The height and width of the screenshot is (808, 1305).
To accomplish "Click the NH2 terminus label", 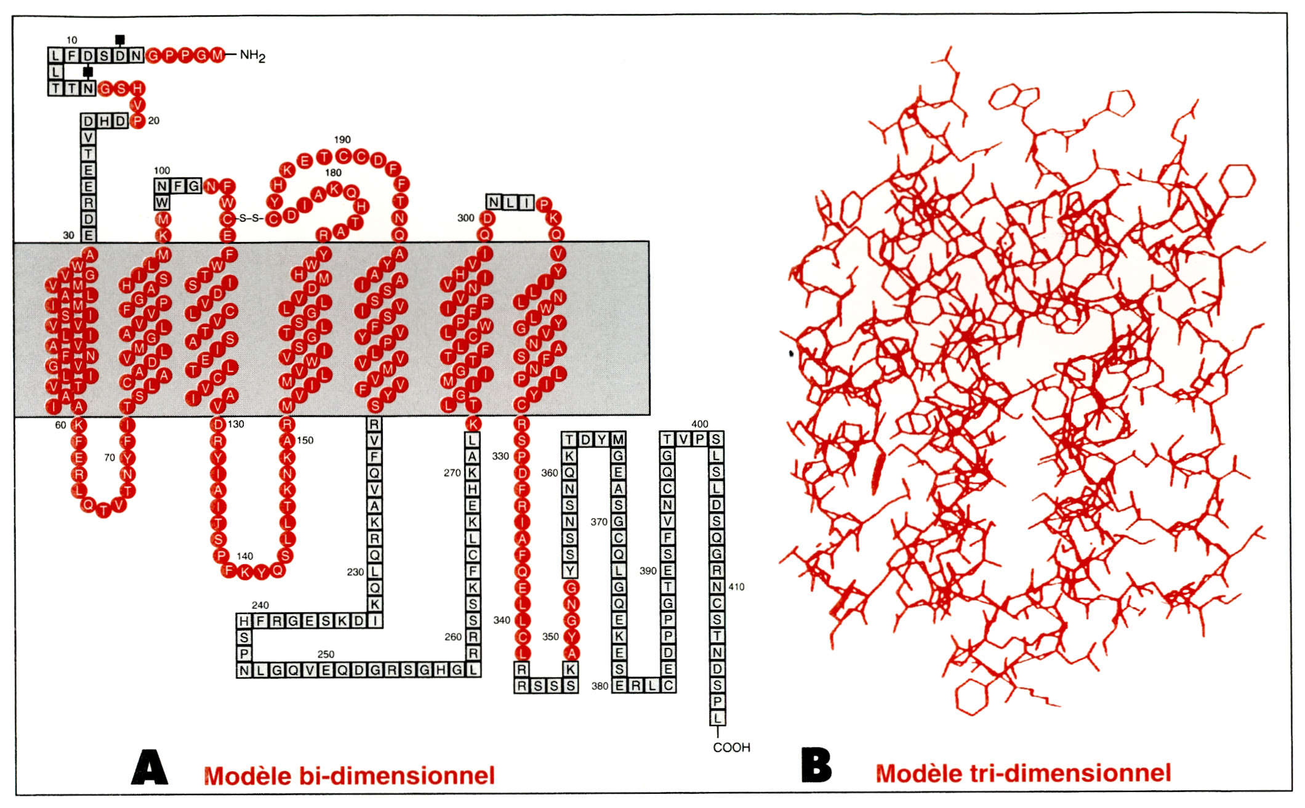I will (252, 56).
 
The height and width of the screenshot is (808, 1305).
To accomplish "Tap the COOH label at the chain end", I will (731, 748).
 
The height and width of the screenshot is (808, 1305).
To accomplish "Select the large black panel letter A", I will (150, 767).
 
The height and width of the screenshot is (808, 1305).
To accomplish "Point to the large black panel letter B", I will (816, 766).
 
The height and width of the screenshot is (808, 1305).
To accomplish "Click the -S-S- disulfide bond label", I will (250, 218).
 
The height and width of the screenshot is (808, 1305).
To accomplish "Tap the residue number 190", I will (342, 140).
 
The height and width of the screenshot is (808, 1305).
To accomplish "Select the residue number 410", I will (736, 587).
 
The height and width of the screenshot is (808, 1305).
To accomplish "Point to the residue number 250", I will (326, 654).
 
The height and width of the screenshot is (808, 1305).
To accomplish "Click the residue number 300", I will (465, 218).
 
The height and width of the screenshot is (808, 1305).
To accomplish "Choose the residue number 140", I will (244, 556).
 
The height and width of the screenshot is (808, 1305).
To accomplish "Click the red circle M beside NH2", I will (217, 55).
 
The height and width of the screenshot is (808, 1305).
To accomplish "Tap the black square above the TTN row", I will (88, 72).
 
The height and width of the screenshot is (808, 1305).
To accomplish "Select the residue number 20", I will (153, 121).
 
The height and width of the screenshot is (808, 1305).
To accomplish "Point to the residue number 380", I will (600, 686).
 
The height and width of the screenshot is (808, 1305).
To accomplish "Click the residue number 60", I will (60, 425).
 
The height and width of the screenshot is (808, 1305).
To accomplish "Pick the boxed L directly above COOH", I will (717, 718).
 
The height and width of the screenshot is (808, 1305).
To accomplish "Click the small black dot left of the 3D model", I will (791, 353).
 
